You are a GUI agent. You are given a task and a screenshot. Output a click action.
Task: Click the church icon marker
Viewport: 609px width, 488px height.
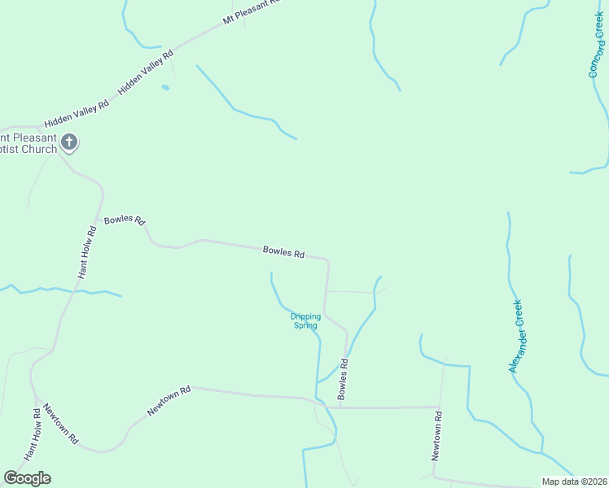69,143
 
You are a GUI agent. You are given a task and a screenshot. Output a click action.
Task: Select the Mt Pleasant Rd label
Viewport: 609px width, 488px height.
250,11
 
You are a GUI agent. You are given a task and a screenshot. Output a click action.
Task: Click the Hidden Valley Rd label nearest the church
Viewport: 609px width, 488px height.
77,114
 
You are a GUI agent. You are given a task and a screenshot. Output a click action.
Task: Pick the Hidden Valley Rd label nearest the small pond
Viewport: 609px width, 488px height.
147,73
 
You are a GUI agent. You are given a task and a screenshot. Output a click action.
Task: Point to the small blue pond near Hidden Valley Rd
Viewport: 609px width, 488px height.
165,87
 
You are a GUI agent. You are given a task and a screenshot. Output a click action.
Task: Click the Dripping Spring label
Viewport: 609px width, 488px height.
306,320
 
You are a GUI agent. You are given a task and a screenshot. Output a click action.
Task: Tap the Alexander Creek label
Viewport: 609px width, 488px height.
516,337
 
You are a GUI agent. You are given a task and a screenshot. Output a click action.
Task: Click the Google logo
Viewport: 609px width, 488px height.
27,478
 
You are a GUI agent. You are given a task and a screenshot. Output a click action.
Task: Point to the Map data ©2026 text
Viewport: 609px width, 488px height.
574,481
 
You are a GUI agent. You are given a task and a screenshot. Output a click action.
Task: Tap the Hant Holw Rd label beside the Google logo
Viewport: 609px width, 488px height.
33,435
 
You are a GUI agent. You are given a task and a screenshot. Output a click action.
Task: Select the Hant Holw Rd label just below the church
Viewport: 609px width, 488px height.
88,252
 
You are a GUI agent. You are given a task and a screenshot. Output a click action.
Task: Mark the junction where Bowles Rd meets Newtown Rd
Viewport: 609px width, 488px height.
335,406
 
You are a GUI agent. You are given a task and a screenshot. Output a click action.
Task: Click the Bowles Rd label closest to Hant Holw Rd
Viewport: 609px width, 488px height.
125,220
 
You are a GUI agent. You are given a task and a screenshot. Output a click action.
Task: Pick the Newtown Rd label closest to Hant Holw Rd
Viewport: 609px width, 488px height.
61,424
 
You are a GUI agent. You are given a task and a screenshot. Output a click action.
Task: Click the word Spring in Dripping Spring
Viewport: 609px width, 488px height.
306,325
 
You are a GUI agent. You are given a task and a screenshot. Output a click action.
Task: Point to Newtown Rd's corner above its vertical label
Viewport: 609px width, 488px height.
439,406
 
